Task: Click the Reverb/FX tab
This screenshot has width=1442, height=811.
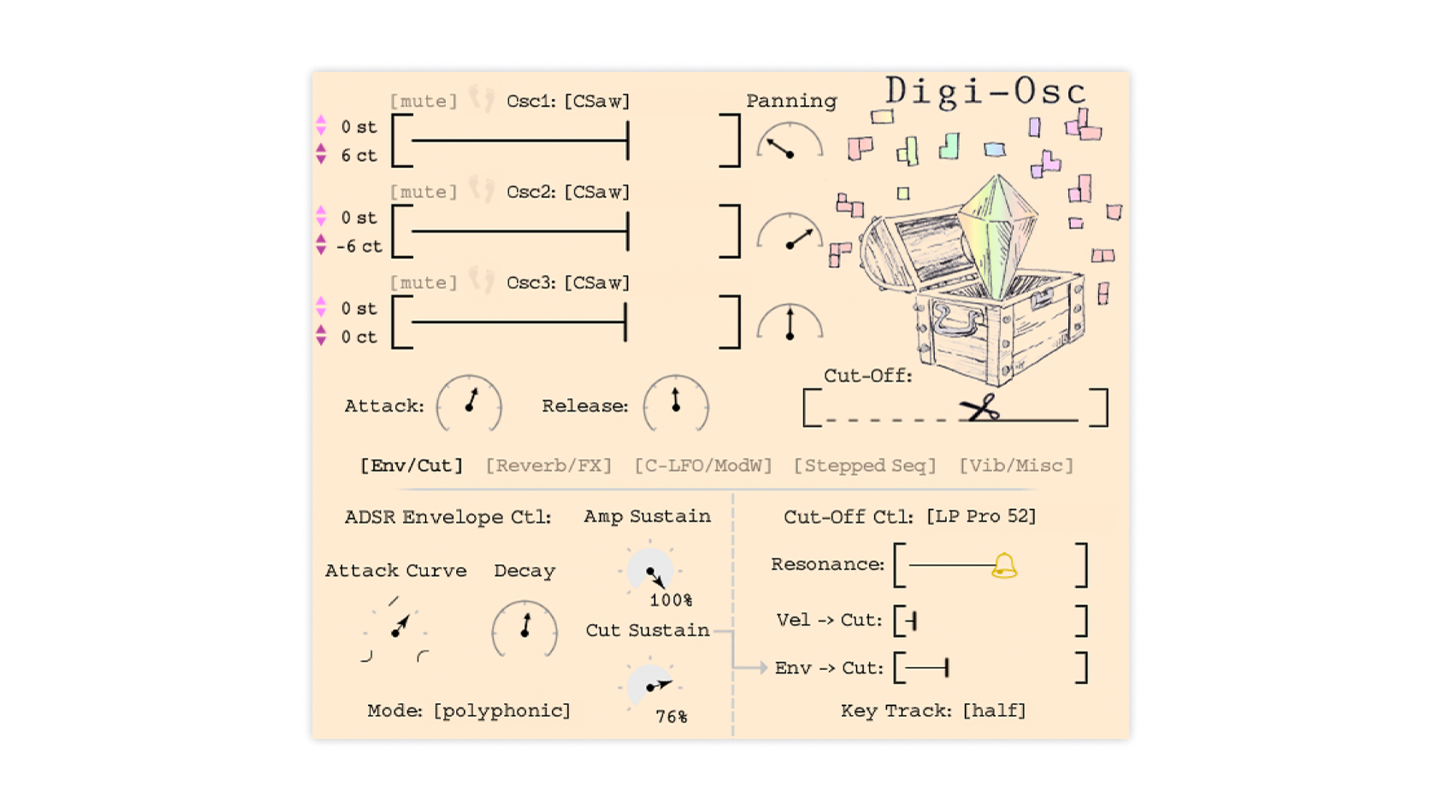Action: click(548, 466)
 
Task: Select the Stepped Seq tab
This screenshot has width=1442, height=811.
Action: click(864, 466)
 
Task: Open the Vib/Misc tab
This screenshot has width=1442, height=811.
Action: click(1016, 466)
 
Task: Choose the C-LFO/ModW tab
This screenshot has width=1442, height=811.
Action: click(703, 466)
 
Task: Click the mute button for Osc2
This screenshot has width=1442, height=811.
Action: click(424, 192)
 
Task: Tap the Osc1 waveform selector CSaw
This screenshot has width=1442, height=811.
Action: click(597, 101)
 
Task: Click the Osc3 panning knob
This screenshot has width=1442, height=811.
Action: click(789, 324)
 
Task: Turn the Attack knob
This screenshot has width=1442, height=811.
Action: click(469, 404)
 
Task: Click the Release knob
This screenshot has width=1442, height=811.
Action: click(676, 404)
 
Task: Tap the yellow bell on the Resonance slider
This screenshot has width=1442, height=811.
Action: click(1004, 565)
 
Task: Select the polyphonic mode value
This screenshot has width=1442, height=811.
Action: click(502, 710)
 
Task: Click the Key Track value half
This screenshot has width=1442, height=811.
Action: click(994, 710)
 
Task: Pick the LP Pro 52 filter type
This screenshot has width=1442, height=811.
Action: click(981, 517)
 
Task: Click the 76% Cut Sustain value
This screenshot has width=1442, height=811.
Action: click(671, 717)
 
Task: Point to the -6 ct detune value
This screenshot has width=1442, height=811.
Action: click(360, 246)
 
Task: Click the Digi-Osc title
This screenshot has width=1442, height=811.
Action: click(985, 92)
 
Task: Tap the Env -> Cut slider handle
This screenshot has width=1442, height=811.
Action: click(946, 668)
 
